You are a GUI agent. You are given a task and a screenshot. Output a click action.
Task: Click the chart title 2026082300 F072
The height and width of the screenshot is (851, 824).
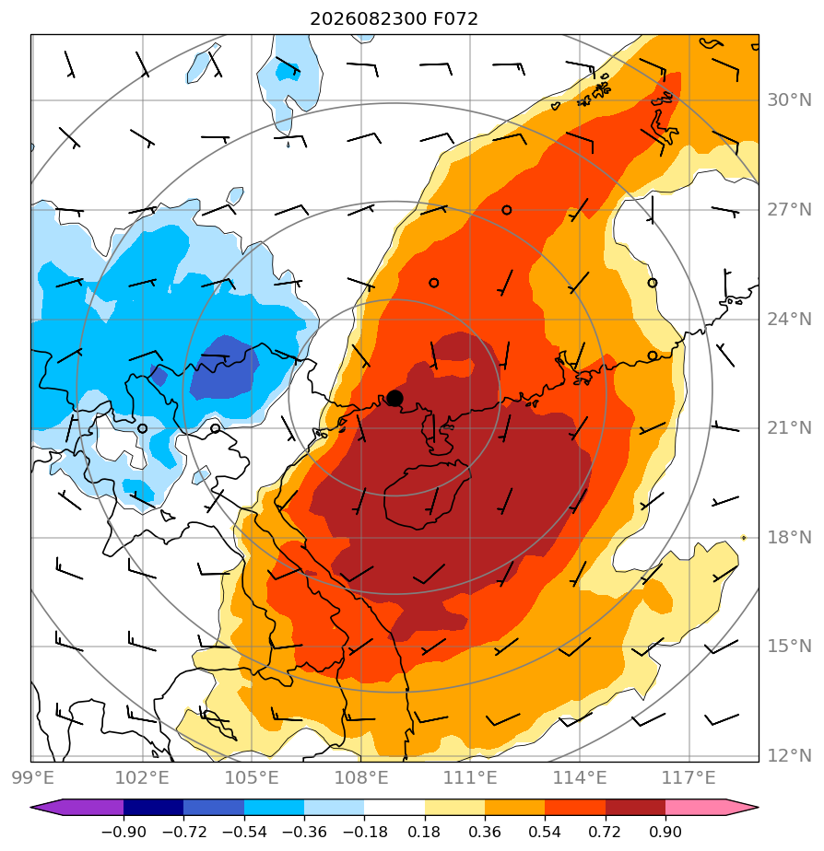tap(394, 19)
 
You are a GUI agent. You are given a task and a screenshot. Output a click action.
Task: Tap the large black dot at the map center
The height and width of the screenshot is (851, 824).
tap(394, 399)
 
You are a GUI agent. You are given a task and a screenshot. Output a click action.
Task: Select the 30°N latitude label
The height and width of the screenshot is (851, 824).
tap(789, 99)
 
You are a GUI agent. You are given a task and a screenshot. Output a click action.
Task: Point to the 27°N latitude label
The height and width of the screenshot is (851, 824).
tap(789, 209)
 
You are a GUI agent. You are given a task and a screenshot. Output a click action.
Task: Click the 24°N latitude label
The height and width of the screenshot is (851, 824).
tap(789, 319)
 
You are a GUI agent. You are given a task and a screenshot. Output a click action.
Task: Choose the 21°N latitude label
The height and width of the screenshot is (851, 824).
tap(789, 428)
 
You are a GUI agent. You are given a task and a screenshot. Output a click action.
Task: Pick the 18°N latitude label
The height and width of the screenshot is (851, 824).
tap(789, 537)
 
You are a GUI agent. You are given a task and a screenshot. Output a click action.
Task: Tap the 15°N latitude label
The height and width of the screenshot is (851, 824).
tap(789, 647)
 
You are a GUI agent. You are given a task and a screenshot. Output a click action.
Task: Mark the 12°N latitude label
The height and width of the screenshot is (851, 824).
tap(789, 755)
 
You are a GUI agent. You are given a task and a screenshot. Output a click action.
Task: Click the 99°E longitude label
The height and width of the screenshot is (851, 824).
tap(32, 777)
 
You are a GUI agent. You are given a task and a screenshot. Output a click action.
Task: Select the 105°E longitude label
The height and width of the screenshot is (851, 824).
tap(252, 777)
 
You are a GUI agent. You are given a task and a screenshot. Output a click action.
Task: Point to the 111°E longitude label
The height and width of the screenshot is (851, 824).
tap(470, 777)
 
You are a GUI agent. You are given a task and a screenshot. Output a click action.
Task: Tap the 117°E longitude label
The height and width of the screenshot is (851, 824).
tap(689, 777)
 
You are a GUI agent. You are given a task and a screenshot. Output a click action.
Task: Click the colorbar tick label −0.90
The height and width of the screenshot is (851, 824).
tap(124, 832)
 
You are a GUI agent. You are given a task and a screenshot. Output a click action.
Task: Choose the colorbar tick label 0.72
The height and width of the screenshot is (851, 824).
tap(605, 832)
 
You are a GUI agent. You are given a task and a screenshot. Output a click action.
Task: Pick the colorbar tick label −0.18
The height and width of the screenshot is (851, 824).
tap(363, 832)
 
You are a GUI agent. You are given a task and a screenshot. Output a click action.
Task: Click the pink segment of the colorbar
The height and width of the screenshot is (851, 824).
tap(695, 807)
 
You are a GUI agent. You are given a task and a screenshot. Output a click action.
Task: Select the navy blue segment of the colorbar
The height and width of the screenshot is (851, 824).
tap(153, 807)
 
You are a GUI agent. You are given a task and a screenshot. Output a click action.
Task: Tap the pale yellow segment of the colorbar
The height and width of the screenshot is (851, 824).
tap(454, 807)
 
